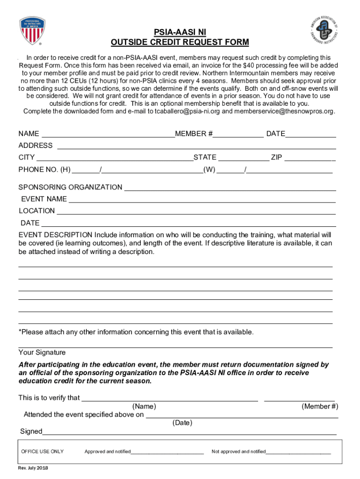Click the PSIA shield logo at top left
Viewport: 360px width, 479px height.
point(32,30)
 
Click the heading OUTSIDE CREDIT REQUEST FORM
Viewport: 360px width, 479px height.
point(180,43)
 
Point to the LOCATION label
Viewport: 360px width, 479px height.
point(36,211)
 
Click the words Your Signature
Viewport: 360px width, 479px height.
point(42,352)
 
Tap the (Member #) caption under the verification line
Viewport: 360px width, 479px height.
point(320,406)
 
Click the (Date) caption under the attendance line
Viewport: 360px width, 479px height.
point(182,423)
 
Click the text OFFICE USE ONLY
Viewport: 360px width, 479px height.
point(43,451)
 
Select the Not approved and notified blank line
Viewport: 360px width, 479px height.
point(298,453)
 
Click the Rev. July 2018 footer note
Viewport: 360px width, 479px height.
point(33,468)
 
